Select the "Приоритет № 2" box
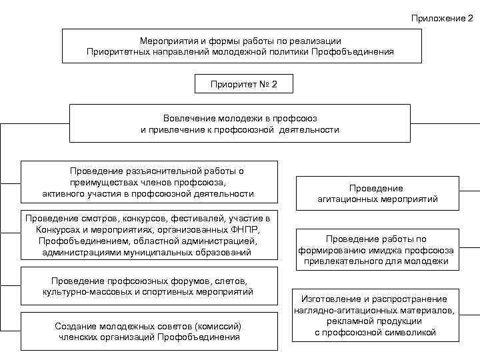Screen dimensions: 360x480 click(x=243, y=85)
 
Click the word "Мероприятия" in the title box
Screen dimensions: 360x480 click(x=166, y=41)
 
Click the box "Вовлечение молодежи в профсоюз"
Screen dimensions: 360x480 click(x=239, y=123)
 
